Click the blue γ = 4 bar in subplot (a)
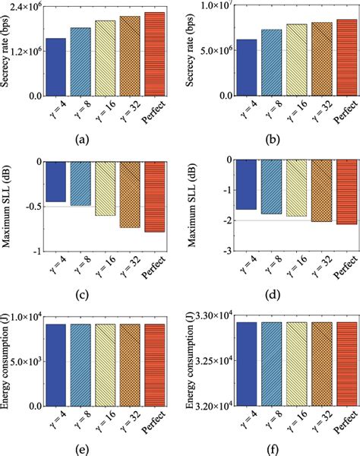(x=56, y=68)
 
